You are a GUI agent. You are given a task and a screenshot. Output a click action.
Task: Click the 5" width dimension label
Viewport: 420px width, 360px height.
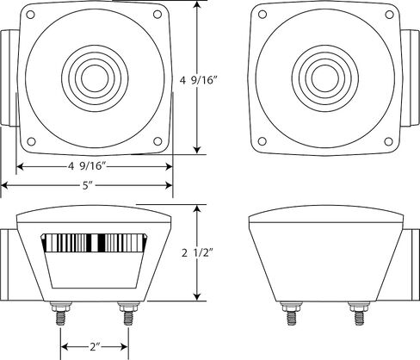(88, 186)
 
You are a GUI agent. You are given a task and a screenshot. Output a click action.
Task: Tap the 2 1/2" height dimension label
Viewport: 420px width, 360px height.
(198, 253)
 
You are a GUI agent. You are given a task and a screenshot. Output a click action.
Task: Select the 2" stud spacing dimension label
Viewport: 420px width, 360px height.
(95, 347)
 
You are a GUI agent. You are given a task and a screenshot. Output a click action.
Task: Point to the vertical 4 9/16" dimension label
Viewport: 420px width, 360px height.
(198, 80)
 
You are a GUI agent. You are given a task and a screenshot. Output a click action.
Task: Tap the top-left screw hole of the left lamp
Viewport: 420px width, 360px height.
(30, 15)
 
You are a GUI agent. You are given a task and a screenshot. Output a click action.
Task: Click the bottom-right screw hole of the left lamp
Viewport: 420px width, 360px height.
(157, 141)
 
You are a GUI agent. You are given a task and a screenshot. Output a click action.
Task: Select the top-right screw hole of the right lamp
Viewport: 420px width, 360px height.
(389, 15)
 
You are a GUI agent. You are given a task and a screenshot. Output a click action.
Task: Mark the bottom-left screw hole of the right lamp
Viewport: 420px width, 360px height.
(262, 141)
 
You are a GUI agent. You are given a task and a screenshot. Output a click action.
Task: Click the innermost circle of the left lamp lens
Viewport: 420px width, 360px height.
(95, 78)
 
